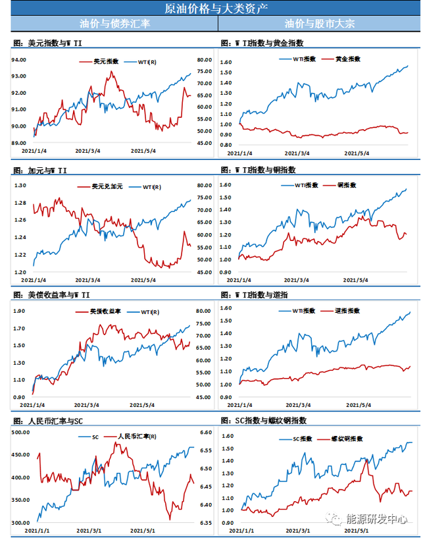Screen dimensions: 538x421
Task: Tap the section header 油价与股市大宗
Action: coord(320,24)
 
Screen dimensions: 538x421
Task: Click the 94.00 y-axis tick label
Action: coord(19,59)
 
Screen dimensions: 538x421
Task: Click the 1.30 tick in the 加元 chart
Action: coord(19,186)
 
